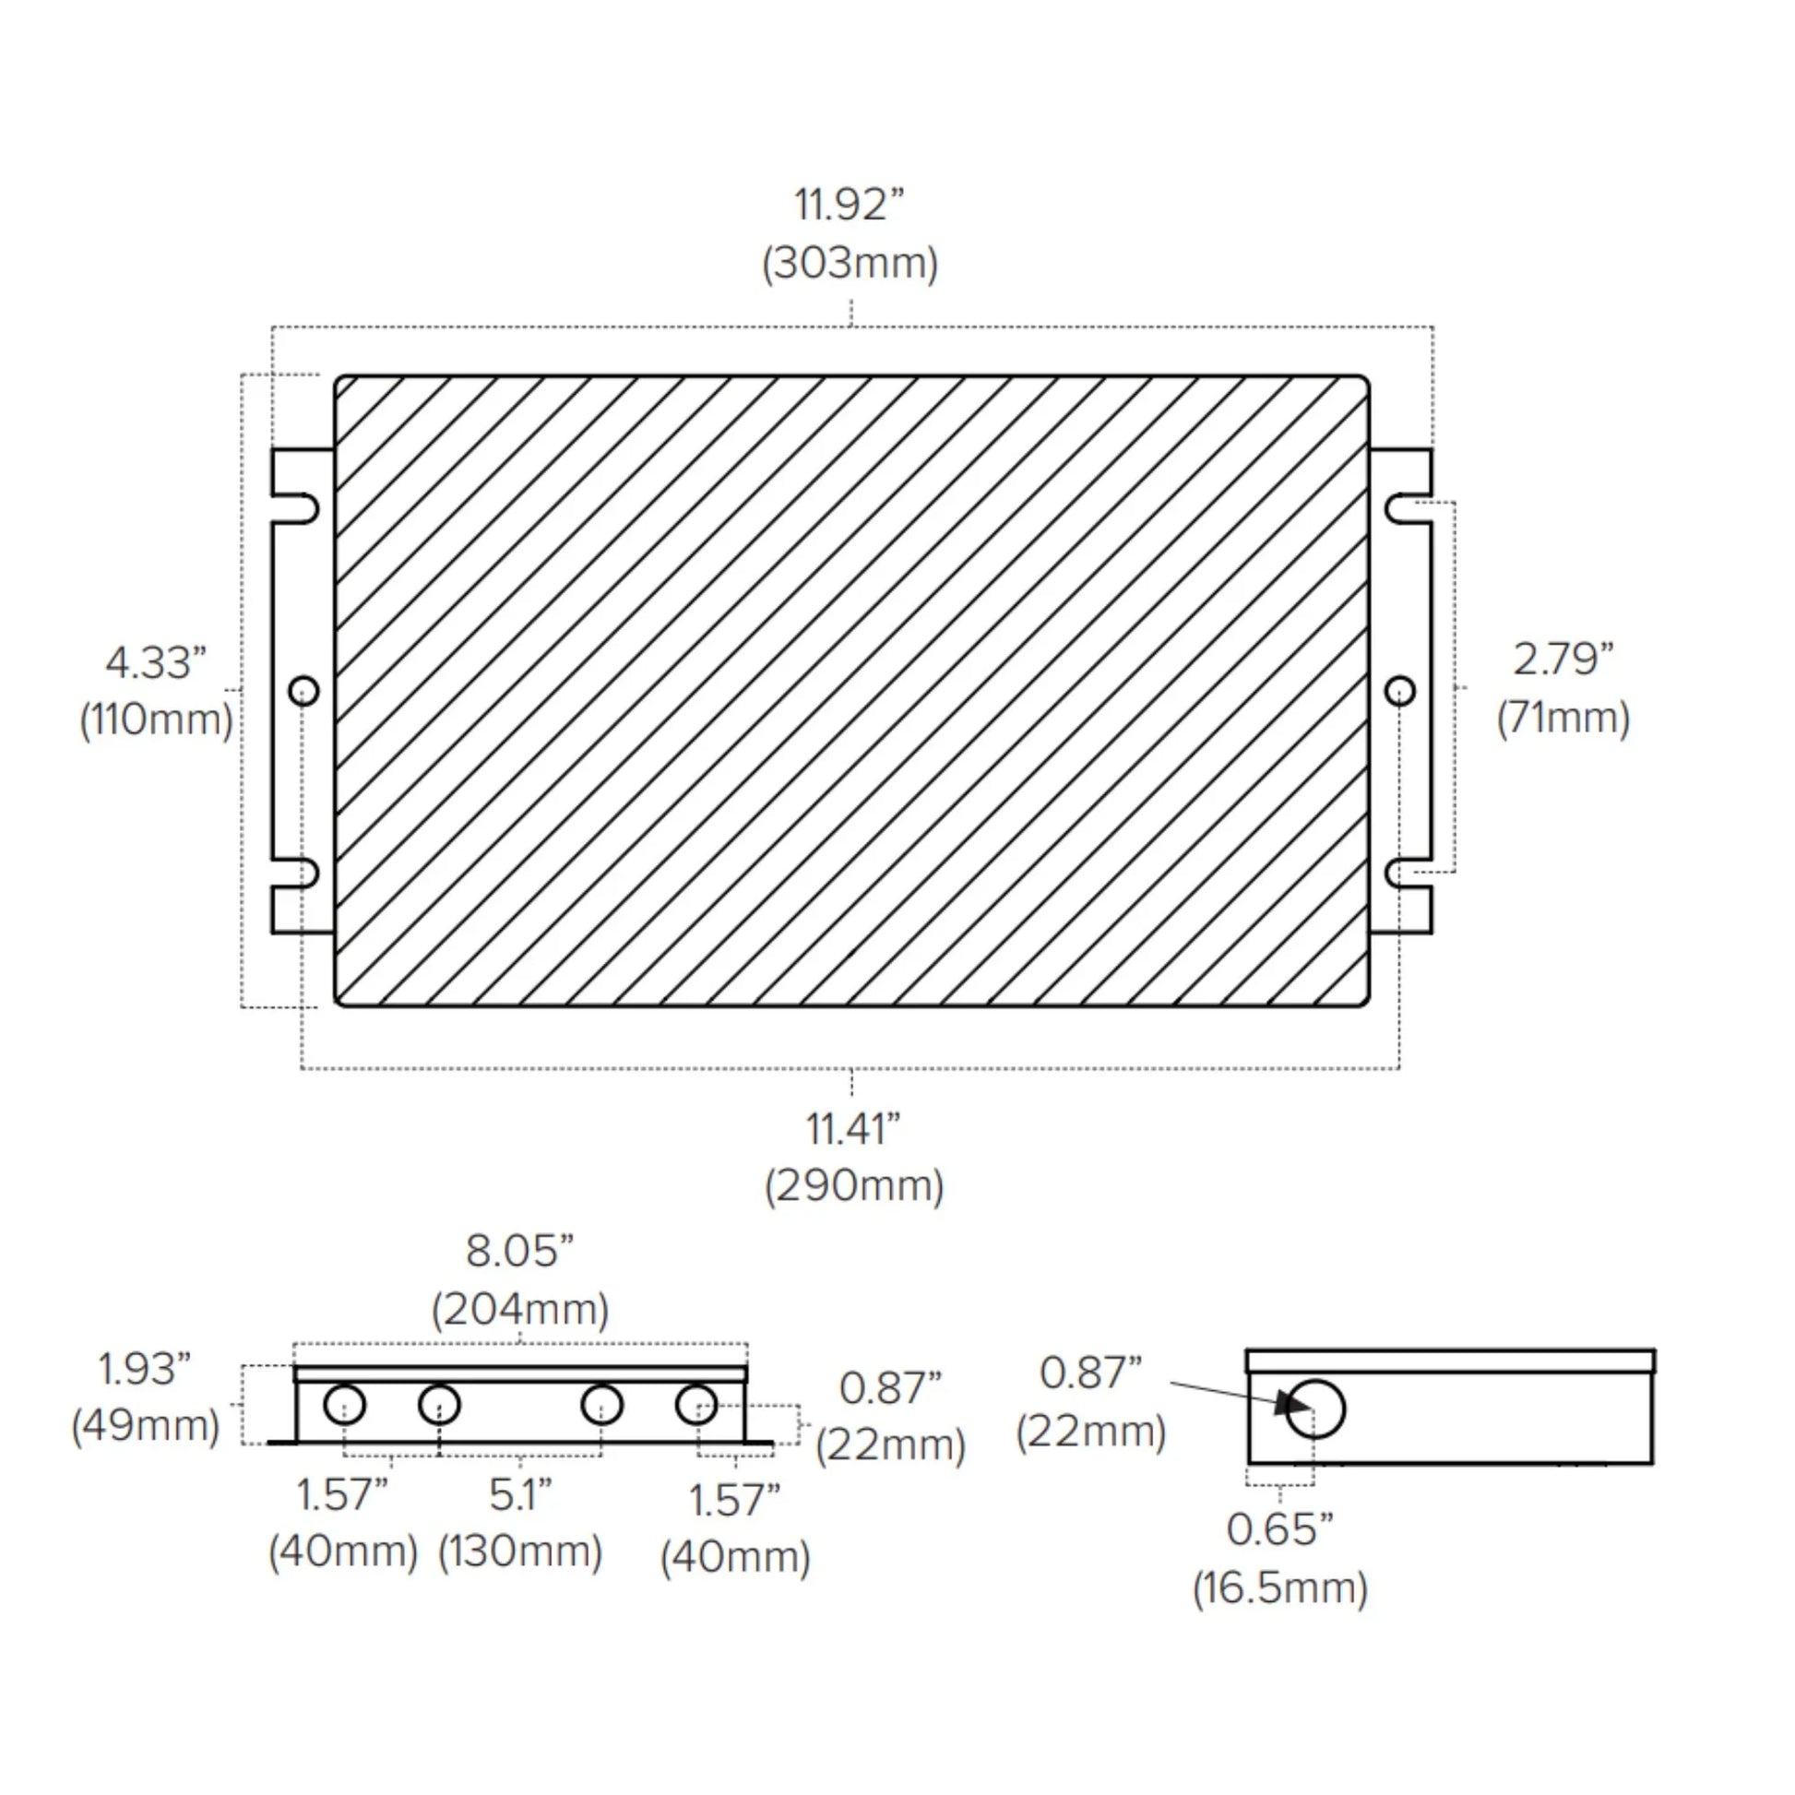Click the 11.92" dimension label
pyautogui.click(x=849, y=205)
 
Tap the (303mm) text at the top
pyautogui.click(x=850, y=264)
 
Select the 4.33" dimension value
pyautogui.click(x=155, y=663)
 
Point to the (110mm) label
pyautogui.click(x=156, y=721)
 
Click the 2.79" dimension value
pyautogui.click(x=1563, y=660)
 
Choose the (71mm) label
pyautogui.click(x=1563, y=719)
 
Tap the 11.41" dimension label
pyautogui.click(x=853, y=1130)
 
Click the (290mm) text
pyautogui.click(x=854, y=1186)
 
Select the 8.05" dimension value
pyautogui.click(x=519, y=1251)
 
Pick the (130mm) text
pyautogui.click(x=520, y=1551)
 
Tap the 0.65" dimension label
pyautogui.click(x=1279, y=1529)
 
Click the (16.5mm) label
pyautogui.click(x=1280, y=1587)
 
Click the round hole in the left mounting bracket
pyautogui.click(x=303, y=690)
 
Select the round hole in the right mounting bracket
pyautogui.click(x=1400, y=690)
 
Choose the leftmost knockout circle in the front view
pyautogui.click(x=345, y=1404)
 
